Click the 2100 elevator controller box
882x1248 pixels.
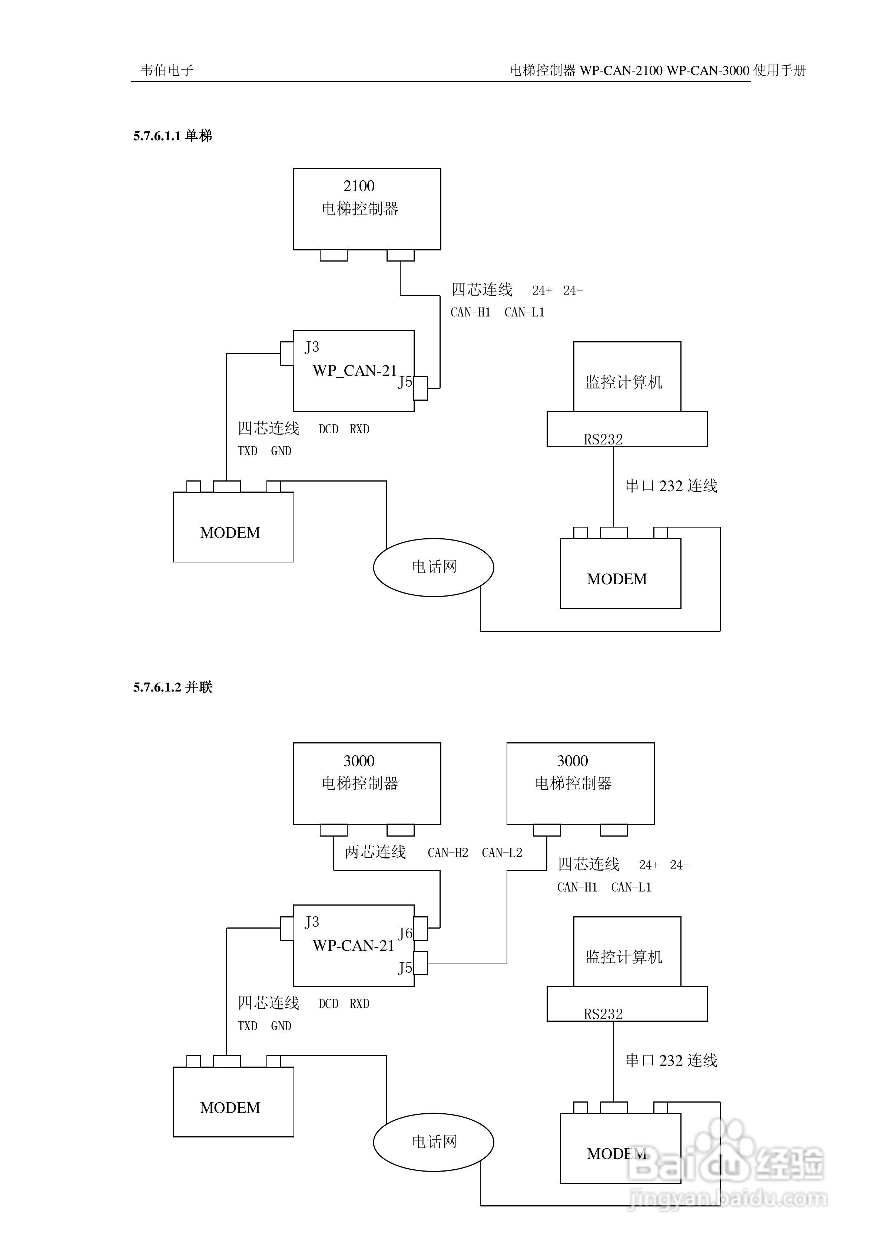[367, 209]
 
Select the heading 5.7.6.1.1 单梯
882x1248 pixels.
[173, 136]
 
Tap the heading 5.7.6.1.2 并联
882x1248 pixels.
[173, 687]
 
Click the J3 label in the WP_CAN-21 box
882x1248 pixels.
[312, 347]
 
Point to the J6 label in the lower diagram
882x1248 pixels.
[405, 933]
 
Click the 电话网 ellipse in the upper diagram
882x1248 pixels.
[433, 567]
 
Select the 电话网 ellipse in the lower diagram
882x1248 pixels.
[433, 1142]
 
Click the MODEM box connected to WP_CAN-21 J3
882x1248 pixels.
[233, 527]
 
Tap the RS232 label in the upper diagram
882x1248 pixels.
[603, 439]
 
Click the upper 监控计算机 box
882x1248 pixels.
[627, 377]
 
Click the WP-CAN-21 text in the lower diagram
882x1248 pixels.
[353, 946]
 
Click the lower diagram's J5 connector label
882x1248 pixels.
[405, 968]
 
